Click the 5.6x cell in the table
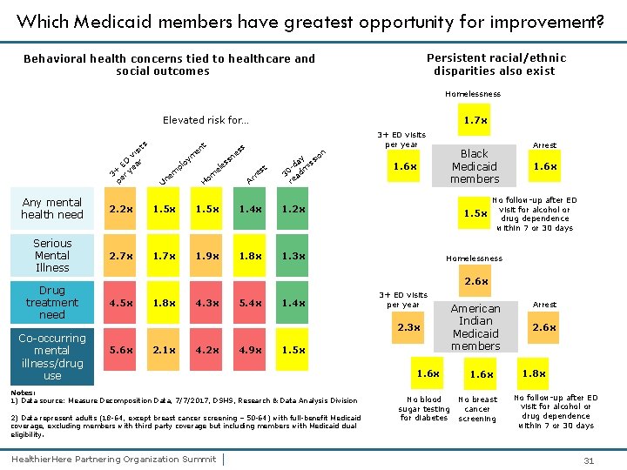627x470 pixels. [121, 350]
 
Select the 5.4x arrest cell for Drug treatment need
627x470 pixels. [251, 302]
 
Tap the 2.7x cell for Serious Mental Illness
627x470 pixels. [121, 256]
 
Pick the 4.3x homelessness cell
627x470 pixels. [207, 302]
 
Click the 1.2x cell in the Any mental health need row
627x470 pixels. [293, 209]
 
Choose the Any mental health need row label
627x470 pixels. [52, 209]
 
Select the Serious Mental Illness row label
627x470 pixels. [52, 256]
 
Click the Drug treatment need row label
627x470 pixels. [52, 302]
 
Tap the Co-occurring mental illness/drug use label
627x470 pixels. [52, 357]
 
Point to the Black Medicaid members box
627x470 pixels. [475, 166]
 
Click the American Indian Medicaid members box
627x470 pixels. [475, 327]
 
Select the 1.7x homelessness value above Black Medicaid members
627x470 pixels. [475, 120]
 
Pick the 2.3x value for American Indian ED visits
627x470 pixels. [408, 327]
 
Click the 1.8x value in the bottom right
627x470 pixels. [533, 373]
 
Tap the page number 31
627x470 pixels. [589, 460]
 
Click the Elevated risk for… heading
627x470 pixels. [206, 120]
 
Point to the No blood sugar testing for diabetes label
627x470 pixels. [424, 409]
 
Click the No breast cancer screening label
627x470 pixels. [477, 409]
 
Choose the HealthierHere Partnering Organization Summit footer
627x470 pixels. [113, 459]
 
